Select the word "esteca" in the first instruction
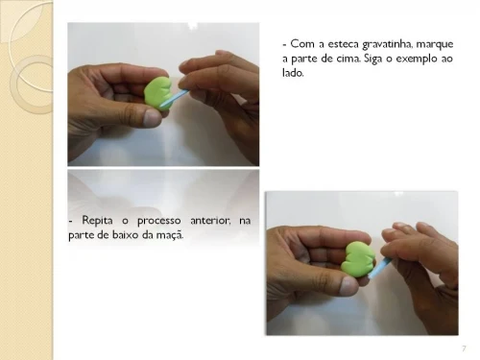click(344, 44)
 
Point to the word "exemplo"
click(416, 60)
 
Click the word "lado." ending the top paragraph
click(293, 73)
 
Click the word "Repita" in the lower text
click(97, 221)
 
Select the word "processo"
click(159, 222)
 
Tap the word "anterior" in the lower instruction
click(210, 221)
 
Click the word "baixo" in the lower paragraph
click(126, 235)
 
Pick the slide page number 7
click(464, 348)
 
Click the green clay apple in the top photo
click(157, 93)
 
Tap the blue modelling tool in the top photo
click(175, 97)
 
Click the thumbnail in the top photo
click(152, 117)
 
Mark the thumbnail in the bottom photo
click(348, 286)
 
